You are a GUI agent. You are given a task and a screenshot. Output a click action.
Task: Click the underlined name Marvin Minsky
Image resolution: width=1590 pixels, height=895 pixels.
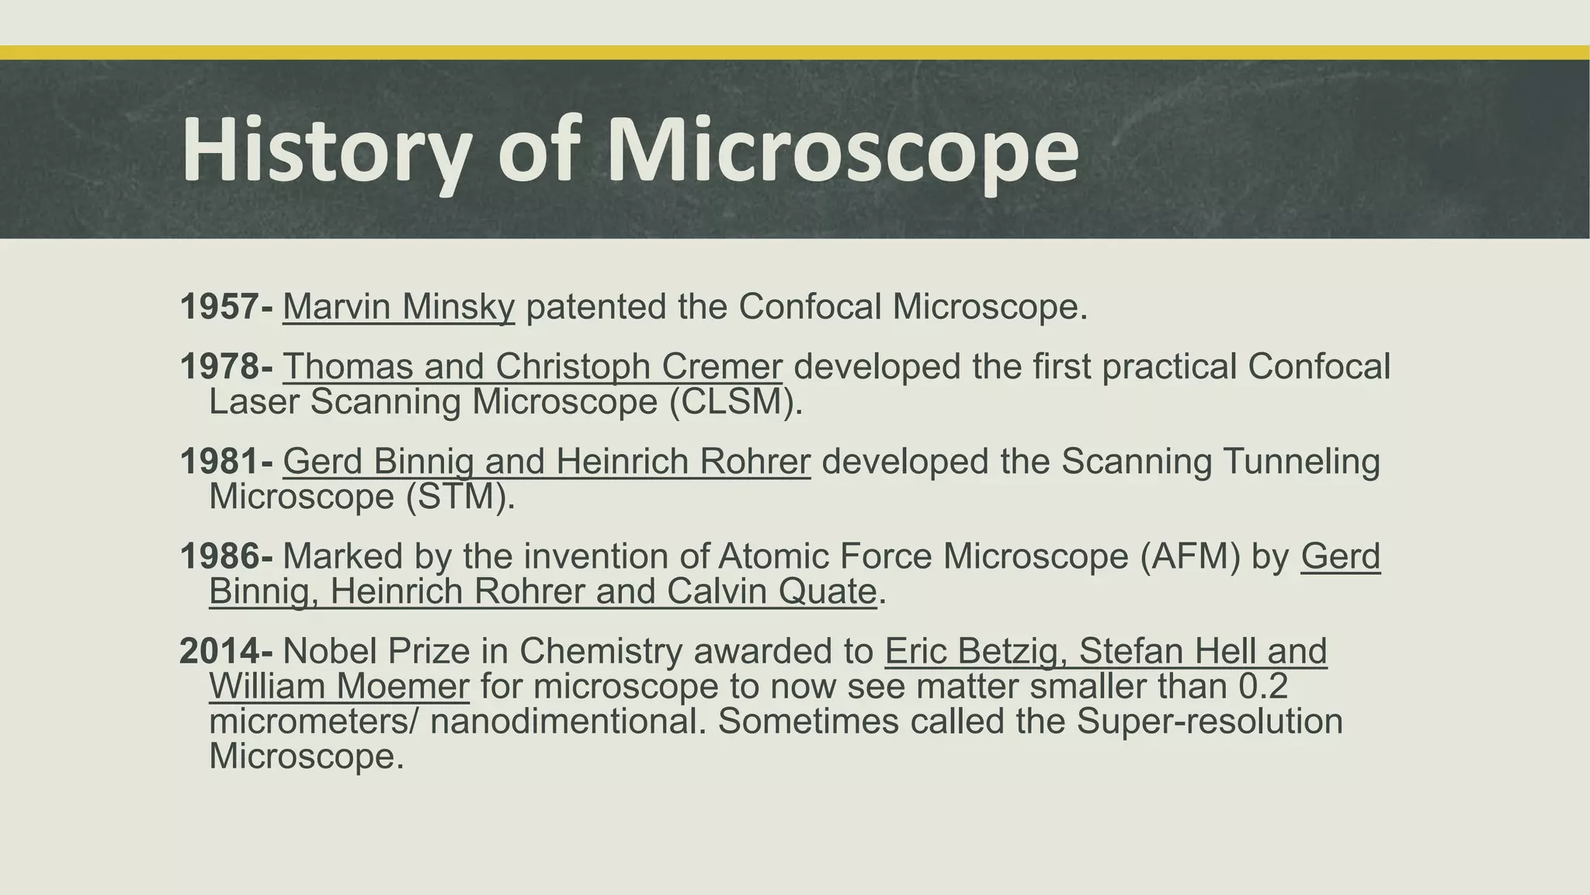398,307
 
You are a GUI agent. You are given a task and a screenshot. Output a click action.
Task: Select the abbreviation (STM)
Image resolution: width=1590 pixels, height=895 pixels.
460,496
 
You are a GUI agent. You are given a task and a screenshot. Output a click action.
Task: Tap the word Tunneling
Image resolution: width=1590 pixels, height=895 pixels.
1301,461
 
